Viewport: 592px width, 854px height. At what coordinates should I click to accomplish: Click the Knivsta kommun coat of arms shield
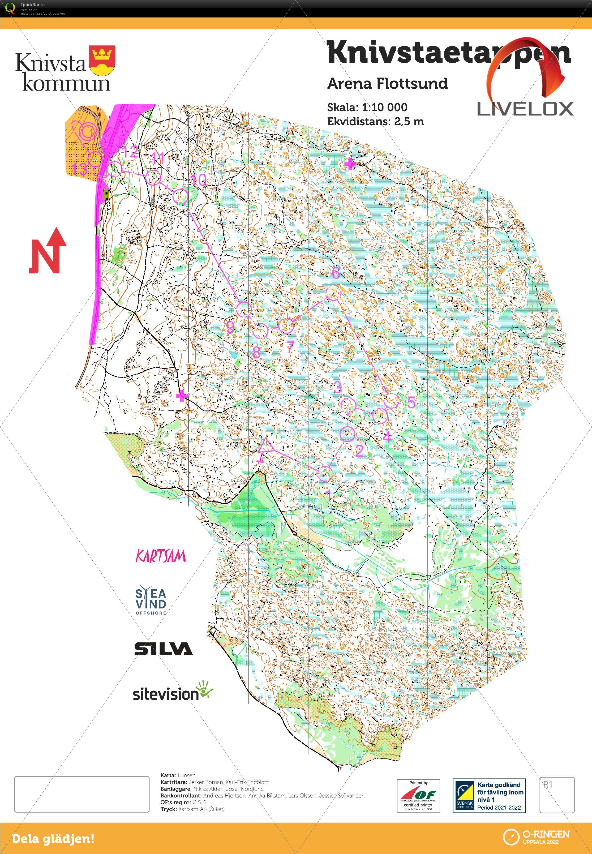pos(102,61)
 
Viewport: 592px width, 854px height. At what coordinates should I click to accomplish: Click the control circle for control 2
pos(348,433)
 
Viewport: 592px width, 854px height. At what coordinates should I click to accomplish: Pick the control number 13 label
pos(80,169)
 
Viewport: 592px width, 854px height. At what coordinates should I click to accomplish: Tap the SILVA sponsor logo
pos(163,649)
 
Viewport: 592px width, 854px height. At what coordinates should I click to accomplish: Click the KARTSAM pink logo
pos(161,556)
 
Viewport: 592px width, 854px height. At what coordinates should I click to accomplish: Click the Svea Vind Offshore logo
pos(151,601)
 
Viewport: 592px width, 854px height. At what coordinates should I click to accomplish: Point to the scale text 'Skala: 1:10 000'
pos(367,108)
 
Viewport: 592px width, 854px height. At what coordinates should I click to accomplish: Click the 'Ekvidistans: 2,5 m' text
pos(375,122)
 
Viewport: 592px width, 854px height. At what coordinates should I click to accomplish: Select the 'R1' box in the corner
pos(556,795)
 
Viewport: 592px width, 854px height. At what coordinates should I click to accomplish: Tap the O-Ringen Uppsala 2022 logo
pos(536,836)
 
